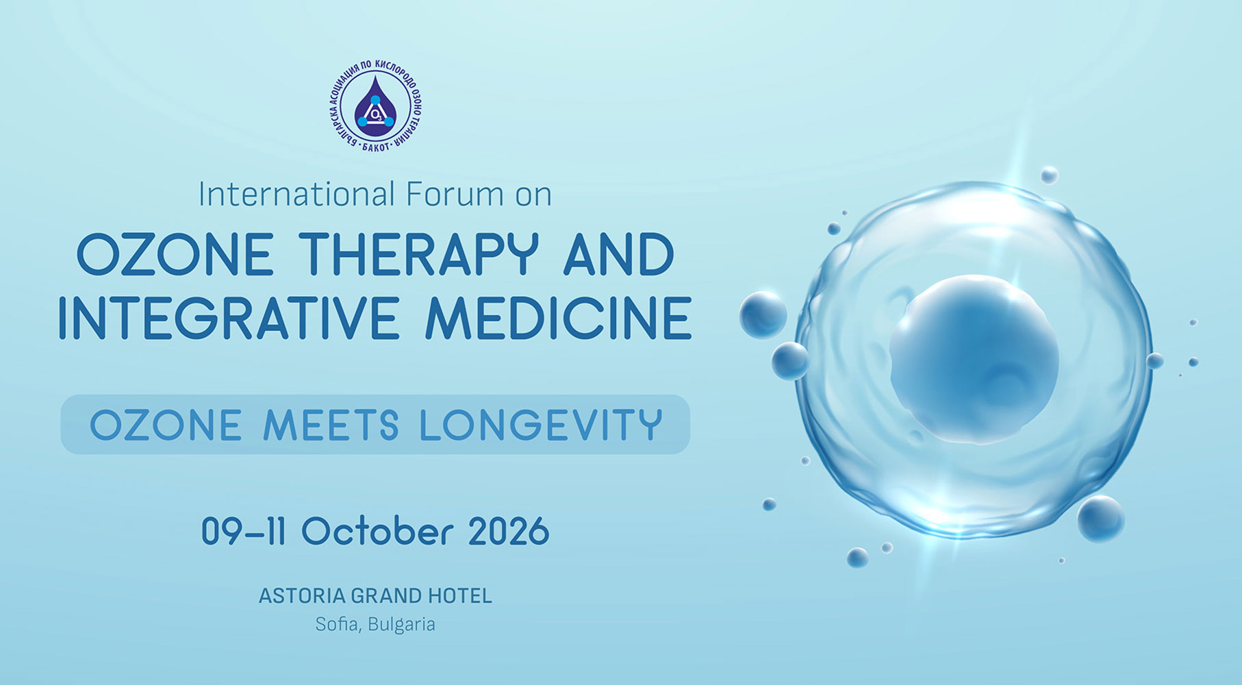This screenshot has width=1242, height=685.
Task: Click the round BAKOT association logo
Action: (375, 106)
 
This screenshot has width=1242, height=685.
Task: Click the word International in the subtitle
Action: (296, 194)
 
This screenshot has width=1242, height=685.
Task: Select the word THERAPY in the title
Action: (418, 255)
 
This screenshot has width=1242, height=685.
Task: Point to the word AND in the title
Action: (619, 255)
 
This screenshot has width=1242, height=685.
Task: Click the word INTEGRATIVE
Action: (228, 318)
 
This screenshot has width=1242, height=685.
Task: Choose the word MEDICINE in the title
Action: (558, 318)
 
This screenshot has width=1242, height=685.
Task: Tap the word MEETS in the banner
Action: (331, 425)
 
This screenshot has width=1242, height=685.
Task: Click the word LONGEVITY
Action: (541, 425)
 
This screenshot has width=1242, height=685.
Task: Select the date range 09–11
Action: (243, 531)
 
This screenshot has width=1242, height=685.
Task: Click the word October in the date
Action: (377, 531)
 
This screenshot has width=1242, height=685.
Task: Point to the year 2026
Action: (509, 531)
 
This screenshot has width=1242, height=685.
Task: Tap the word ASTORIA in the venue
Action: (302, 596)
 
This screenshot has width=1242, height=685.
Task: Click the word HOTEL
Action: (460, 596)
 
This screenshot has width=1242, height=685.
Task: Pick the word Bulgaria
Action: (401, 625)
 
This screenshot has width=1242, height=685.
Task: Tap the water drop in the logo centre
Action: (375, 106)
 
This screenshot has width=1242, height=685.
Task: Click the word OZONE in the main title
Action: (175, 255)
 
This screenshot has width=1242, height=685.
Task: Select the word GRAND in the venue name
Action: (386, 596)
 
